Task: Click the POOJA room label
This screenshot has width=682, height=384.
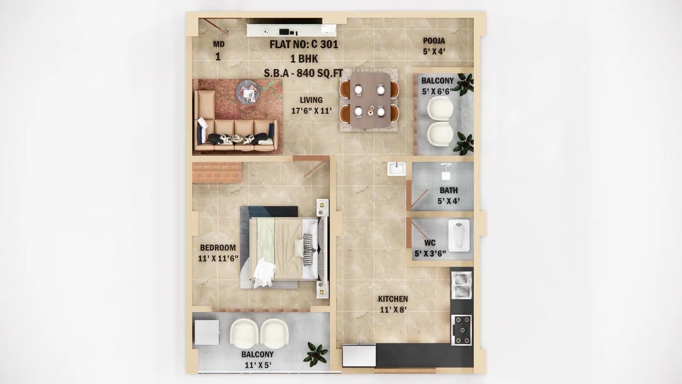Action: (434, 41)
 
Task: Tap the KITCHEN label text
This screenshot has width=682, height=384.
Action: (393, 299)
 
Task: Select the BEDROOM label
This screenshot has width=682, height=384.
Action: (218, 247)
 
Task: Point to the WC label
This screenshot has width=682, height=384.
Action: (430, 243)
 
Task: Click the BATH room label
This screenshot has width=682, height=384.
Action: (448, 190)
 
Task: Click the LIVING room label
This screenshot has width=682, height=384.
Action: (311, 100)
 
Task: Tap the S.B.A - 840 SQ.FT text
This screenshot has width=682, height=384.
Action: (303, 73)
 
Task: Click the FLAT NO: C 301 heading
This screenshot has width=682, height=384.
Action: (304, 44)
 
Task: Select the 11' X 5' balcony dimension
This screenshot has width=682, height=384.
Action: (258, 365)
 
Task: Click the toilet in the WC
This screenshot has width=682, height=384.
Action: (459, 235)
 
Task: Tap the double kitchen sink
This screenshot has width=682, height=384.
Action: (462, 285)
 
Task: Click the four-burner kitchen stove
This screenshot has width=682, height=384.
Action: (461, 330)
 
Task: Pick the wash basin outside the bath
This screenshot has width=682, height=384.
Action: (396, 169)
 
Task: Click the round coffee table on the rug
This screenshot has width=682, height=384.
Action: (248, 92)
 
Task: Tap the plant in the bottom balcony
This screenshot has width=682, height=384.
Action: (316, 354)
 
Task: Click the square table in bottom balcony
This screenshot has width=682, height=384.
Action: (207, 332)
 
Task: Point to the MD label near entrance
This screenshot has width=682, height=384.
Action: (219, 44)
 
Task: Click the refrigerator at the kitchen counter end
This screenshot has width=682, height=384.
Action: (359, 355)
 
